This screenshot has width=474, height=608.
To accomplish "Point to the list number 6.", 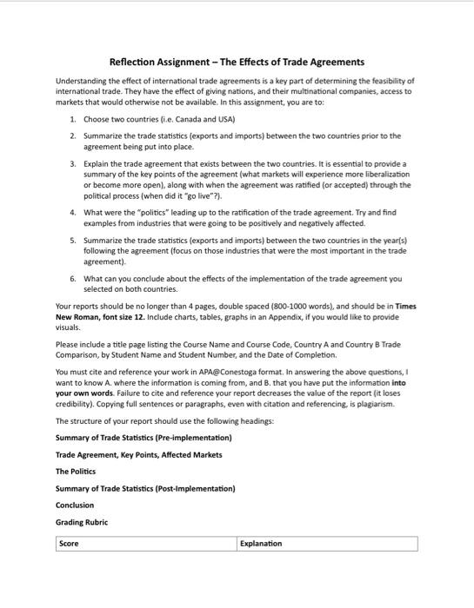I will (73, 279).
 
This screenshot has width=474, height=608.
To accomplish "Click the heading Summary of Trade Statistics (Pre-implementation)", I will (144, 437).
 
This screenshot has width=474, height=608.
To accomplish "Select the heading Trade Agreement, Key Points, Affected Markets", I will (138, 454).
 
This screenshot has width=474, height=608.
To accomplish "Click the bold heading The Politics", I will (76, 472).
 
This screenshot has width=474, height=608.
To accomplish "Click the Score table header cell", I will (70, 544).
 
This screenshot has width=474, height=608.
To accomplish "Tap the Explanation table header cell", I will (261, 544).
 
